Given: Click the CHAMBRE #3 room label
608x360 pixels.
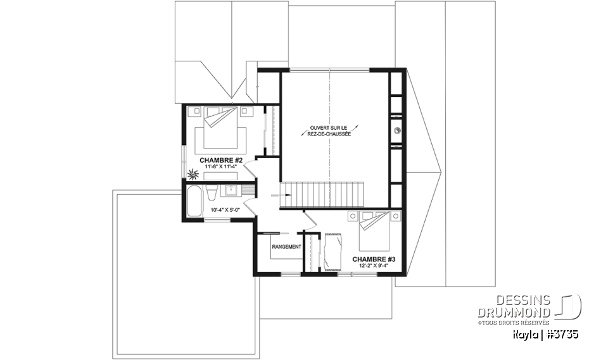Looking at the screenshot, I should pyautogui.click(x=374, y=259).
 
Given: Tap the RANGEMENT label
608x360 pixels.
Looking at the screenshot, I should pyautogui.click(x=286, y=247).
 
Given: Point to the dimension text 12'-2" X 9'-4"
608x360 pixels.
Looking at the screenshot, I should pyautogui.click(x=374, y=266).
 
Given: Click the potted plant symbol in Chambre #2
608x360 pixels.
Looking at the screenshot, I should pyautogui.click(x=191, y=173).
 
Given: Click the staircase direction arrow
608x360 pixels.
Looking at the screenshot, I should pyautogui.click(x=277, y=196).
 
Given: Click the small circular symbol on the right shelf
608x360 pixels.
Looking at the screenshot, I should pyautogui.click(x=397, y=131).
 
